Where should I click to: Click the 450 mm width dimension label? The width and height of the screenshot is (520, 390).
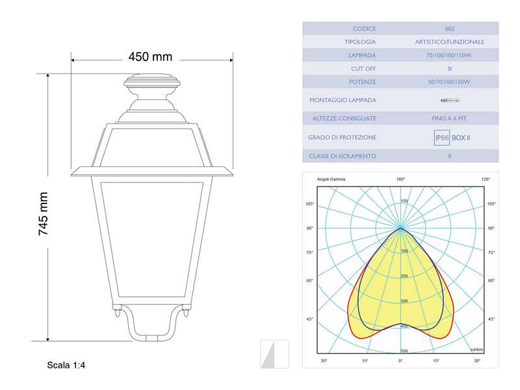[x=150, y=57]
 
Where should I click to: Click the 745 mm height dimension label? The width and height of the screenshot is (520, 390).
[x=44, y=214]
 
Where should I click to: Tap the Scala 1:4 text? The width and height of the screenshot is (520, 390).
[x=66, y=365]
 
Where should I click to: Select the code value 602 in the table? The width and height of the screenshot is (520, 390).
[x=450, y=29]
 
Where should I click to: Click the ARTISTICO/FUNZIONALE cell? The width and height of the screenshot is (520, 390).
[x=450, y=42]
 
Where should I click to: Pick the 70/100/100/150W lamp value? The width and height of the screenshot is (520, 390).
[x=450, y=55]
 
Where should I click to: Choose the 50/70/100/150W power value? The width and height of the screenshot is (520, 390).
[x=450, y=82]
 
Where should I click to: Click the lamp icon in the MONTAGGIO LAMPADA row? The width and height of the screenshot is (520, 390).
[x=449, y=100]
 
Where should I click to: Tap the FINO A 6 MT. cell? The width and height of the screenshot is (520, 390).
[x=450, y=118]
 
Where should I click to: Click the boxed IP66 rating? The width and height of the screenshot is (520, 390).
[x=442, y=138]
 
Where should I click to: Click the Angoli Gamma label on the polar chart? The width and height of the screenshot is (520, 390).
[x=331, y=179]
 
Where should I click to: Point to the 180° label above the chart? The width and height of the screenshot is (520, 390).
[x=400, y=179]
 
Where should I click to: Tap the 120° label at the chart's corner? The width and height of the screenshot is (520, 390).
[x=486, y=179]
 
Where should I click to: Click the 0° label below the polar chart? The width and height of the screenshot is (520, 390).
[x=400, y=360]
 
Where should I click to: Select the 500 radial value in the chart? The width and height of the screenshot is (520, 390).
[x=404, y=350]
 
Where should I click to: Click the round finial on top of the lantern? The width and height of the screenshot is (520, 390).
[x=151, y=83]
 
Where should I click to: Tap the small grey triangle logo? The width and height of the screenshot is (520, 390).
[x=274, y=354]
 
